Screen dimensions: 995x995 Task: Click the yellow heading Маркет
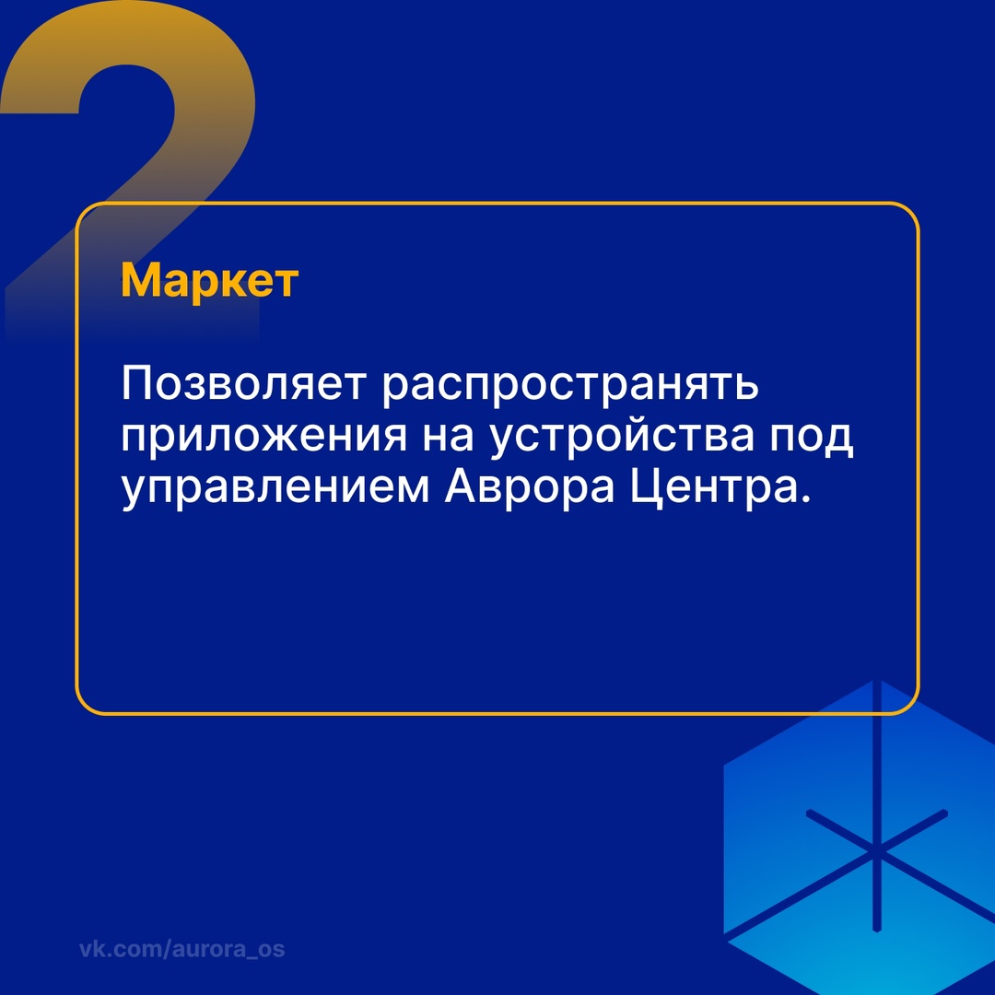click(209, 281)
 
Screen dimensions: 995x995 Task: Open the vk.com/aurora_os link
click(181, 949)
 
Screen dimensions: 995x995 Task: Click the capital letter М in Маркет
click(137, 281)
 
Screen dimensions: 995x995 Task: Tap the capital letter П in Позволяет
click(137, 385)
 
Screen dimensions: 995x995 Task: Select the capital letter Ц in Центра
click(646, 486)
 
